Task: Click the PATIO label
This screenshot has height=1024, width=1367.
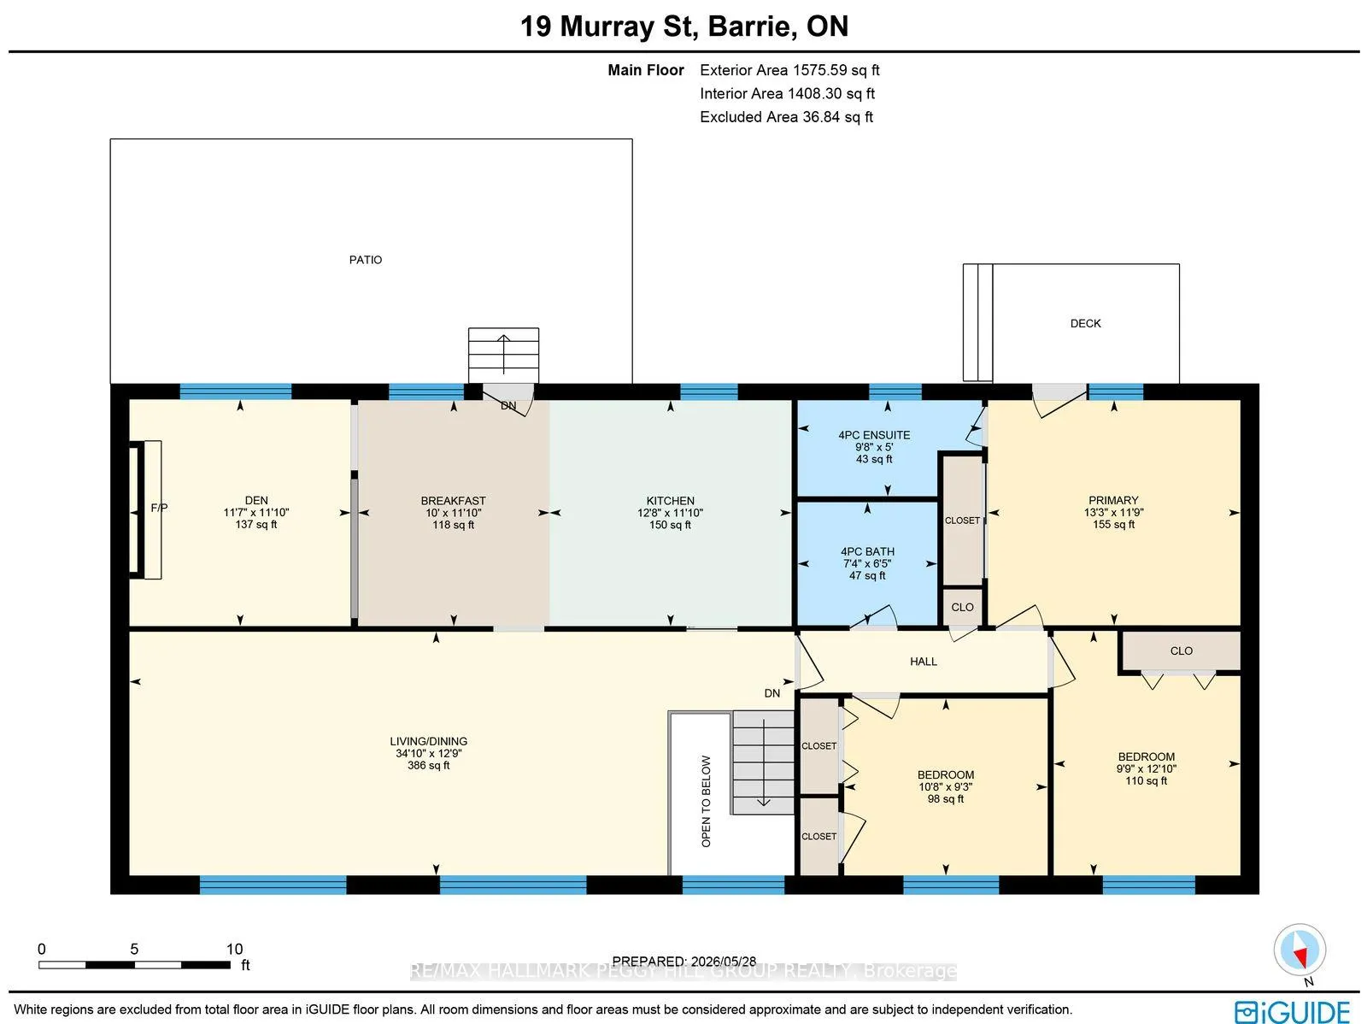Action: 366,260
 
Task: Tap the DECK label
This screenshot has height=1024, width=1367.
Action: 1086,323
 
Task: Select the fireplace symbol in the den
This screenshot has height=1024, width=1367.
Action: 146,510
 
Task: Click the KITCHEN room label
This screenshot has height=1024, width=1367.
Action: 670,501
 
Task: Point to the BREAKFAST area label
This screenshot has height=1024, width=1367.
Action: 454,501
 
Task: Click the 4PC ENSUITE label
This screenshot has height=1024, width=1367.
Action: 874,435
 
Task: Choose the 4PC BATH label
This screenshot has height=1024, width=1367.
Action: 867,552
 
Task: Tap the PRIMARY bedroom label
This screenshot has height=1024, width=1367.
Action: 1113,500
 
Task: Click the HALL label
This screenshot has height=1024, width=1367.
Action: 924,662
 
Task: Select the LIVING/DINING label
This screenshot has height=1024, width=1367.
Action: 429,741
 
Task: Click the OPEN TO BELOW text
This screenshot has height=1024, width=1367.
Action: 707,802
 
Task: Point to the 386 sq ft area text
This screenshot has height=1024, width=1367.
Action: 429,766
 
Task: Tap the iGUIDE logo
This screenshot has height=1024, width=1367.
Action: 1293,1011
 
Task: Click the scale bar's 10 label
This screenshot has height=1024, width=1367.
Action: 234,950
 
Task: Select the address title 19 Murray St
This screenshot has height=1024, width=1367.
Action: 606,26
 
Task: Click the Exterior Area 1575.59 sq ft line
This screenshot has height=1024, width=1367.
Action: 789,70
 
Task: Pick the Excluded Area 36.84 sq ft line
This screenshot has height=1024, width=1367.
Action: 787,117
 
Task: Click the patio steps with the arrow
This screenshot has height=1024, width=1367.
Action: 503,356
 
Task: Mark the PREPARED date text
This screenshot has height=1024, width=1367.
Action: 683,962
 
